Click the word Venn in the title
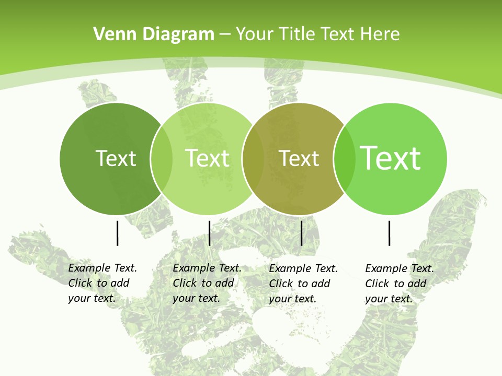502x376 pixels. pyautogui.click(x=111, y=34)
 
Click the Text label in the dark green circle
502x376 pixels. pyautogui.click(x=116, y=158)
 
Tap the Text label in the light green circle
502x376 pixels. pyautogui.click(x=207, y=158)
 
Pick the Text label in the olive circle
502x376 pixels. pyautogui.click(x=299, y=158)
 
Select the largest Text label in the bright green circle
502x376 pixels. pyautogui.click(x=391, y=158)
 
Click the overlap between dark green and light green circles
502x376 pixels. pyautogui.click(x=162, y=158)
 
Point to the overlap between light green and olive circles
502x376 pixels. pyautogui.click(x=253, y=158)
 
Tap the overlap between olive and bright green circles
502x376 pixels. pyautogui.click(x=345, y=158)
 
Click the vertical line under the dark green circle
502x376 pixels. pyautogui.click(x=117, y=233)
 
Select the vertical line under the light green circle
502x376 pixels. pyautogui.click(x=209, y=233)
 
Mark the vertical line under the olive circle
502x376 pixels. pyautogui.click(x=302, y=233)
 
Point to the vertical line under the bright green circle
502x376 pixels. pyautogui.click(x=390, y=233)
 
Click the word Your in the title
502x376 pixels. pyautogui.click(x=255, y=34)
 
